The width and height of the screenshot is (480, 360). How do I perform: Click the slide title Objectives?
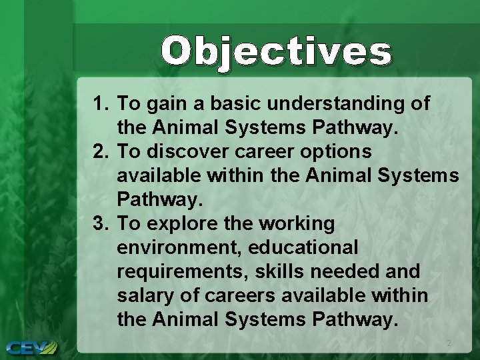point(275,52)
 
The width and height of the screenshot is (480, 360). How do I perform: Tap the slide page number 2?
point(448,343)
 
